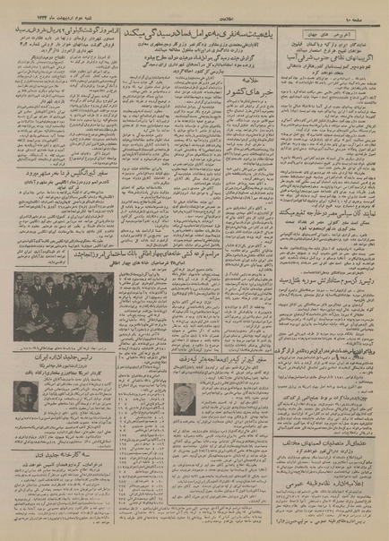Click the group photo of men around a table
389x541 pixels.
(x=64, y=304)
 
